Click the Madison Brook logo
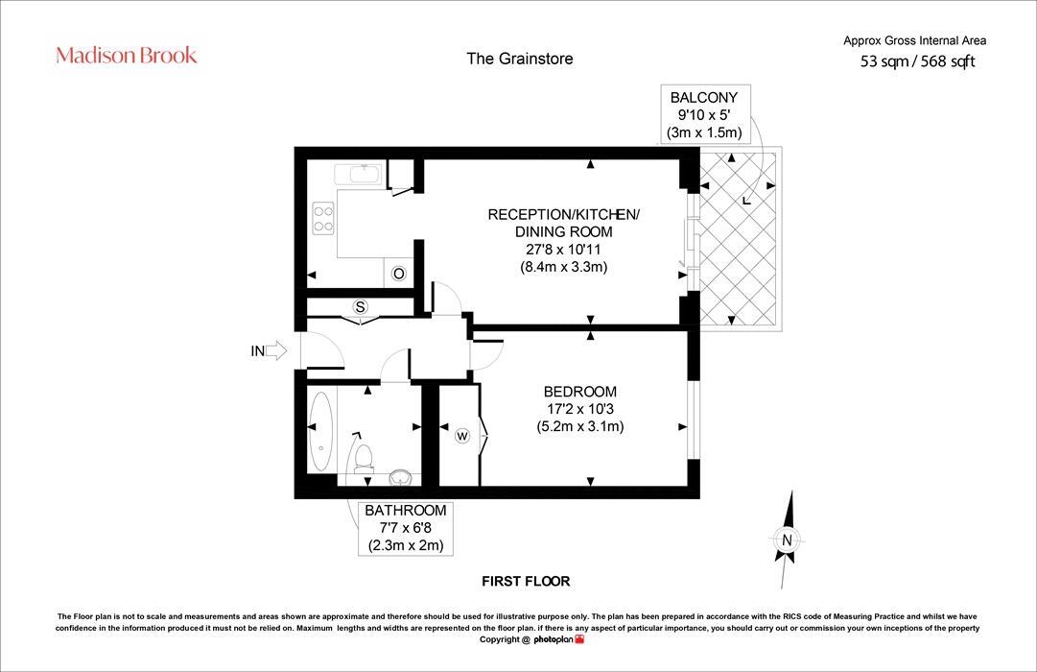point(127,55)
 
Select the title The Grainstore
point(519,59)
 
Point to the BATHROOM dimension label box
point(406,528)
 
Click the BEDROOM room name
point(579,392)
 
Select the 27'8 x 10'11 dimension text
point(562,250)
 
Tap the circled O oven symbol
point(399,274)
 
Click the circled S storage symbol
point(361,307)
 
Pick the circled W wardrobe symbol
point(462,437)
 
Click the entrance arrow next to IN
point(276,351)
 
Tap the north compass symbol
point(787,540)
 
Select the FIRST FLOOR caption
point(526,582)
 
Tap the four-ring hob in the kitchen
point(322,220)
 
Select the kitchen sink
point(358,175)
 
